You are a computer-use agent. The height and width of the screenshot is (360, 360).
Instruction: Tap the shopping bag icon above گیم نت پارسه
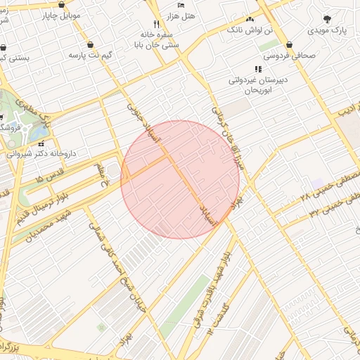[91, 44]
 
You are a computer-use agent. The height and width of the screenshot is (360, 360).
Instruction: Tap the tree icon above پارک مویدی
[327, 20]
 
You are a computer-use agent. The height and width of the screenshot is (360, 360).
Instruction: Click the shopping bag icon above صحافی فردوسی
[289, 45]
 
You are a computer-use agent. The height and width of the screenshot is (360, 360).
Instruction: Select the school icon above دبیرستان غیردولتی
[258, 69]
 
